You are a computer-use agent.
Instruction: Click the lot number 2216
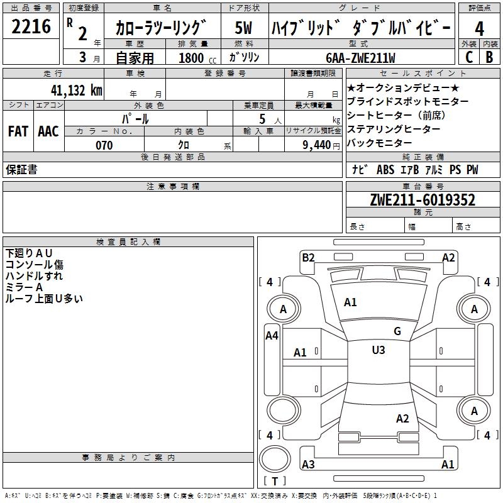pyautogui.click(x=31, y=28)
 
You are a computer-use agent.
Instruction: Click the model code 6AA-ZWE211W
pyautogui.click(x=361, y=58)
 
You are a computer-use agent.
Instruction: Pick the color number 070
pyautogui.click(x=104, y=145)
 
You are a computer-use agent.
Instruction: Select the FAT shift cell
pyautogui.click(x=18, y=131)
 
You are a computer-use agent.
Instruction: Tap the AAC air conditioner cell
pyautogui.click(x=48, y=131)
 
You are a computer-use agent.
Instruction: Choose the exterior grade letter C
pyautogui.click(x=468, y=57)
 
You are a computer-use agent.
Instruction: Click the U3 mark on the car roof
pyautogui.click(x=379, y=350)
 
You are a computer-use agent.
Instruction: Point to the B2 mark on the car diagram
pyautogui.click(x=308, y=257)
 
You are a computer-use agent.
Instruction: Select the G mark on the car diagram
pyautogui.click(x=397, y=331)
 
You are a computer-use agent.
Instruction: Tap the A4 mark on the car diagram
pyautogui.click(x=272, y=336)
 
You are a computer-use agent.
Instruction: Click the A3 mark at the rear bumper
pyautogui.click(x=308, y=465)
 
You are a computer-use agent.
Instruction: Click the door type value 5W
pyautogui.click(x=244, y=28)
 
